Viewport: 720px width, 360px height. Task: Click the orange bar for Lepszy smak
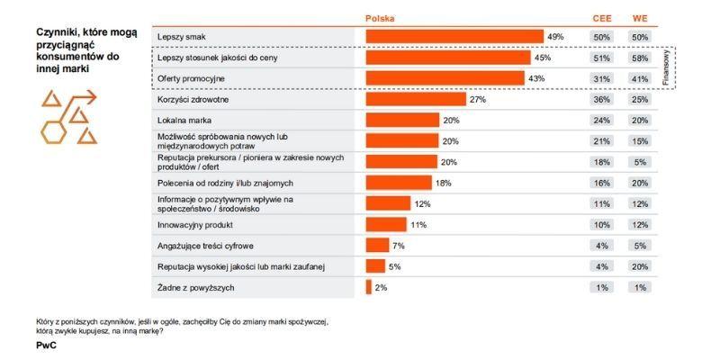click(x=454, y=36)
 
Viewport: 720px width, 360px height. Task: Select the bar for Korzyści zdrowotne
click(x=416, y=99)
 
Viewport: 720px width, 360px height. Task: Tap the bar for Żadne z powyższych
click(x=369, y=287)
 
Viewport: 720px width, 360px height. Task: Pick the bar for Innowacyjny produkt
click(x=386, y=224)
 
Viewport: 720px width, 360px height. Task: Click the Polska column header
click(x=380, y=18)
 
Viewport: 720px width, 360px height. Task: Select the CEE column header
click(x=602, y=18)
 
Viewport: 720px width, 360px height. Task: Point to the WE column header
click(x=640, y=18)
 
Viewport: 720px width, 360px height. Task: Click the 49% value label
click(x=555, y=37)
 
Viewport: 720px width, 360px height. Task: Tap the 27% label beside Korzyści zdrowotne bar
click(x=478, y=99)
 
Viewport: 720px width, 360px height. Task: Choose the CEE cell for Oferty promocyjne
click(x=602, y=78)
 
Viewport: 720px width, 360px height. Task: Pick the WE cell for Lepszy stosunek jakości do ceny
click(x=640, y=58)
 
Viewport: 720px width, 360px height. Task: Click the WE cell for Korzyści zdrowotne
click(x=640, y=99)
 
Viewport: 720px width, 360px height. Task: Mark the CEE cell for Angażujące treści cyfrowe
click(x=602, y=246)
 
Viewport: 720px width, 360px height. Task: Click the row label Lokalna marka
click(x=184, y=120)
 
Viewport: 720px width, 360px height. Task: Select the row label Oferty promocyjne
click(x=191, y=78)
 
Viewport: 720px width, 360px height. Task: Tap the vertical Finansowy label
click(x=667, y=67)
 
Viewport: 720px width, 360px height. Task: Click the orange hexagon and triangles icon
click(x=67, y=117)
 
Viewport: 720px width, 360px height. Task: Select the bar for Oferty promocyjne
click(x=445, y=78)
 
